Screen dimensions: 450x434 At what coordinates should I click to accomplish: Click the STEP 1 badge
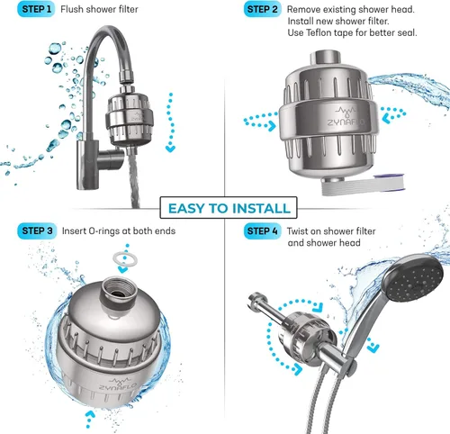point(36,9)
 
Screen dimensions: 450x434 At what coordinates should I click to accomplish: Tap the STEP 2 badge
point(263,9)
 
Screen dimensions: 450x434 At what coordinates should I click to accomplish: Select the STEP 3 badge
point(37,231)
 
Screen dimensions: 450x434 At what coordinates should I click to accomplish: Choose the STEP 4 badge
point(263,231)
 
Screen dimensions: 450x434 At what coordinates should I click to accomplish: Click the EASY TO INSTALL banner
point(229,208)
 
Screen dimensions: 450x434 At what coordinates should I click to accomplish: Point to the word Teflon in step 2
point(319,32)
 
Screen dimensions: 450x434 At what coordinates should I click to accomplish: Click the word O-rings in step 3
point(109,231)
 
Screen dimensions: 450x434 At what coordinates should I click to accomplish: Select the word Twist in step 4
point(297,231)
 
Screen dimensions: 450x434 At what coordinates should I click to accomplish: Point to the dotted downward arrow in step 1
point(170,122)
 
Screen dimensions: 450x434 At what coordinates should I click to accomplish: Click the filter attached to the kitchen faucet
point(130,119)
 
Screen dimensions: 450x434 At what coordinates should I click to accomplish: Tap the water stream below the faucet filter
point(134,177)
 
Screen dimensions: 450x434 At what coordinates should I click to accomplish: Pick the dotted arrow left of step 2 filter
point(260,122)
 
